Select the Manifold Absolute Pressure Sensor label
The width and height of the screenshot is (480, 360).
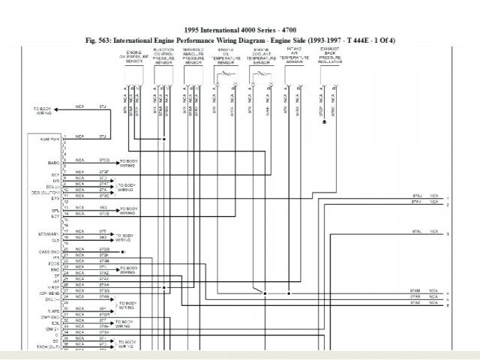point(193,56)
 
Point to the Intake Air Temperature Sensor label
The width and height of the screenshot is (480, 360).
point(295,56)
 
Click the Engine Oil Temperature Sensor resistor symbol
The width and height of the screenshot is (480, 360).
point(225,76)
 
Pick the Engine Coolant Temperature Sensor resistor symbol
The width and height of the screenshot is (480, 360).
point(261,76)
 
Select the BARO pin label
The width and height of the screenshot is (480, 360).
point(53,161)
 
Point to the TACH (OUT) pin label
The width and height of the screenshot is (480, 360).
point(49,346)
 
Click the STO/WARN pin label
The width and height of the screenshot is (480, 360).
point(49,233)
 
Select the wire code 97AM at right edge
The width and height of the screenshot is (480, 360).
point(415,289)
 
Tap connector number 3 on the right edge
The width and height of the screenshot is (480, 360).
point(447,235)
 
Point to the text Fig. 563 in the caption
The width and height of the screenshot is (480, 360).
point(99,40)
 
